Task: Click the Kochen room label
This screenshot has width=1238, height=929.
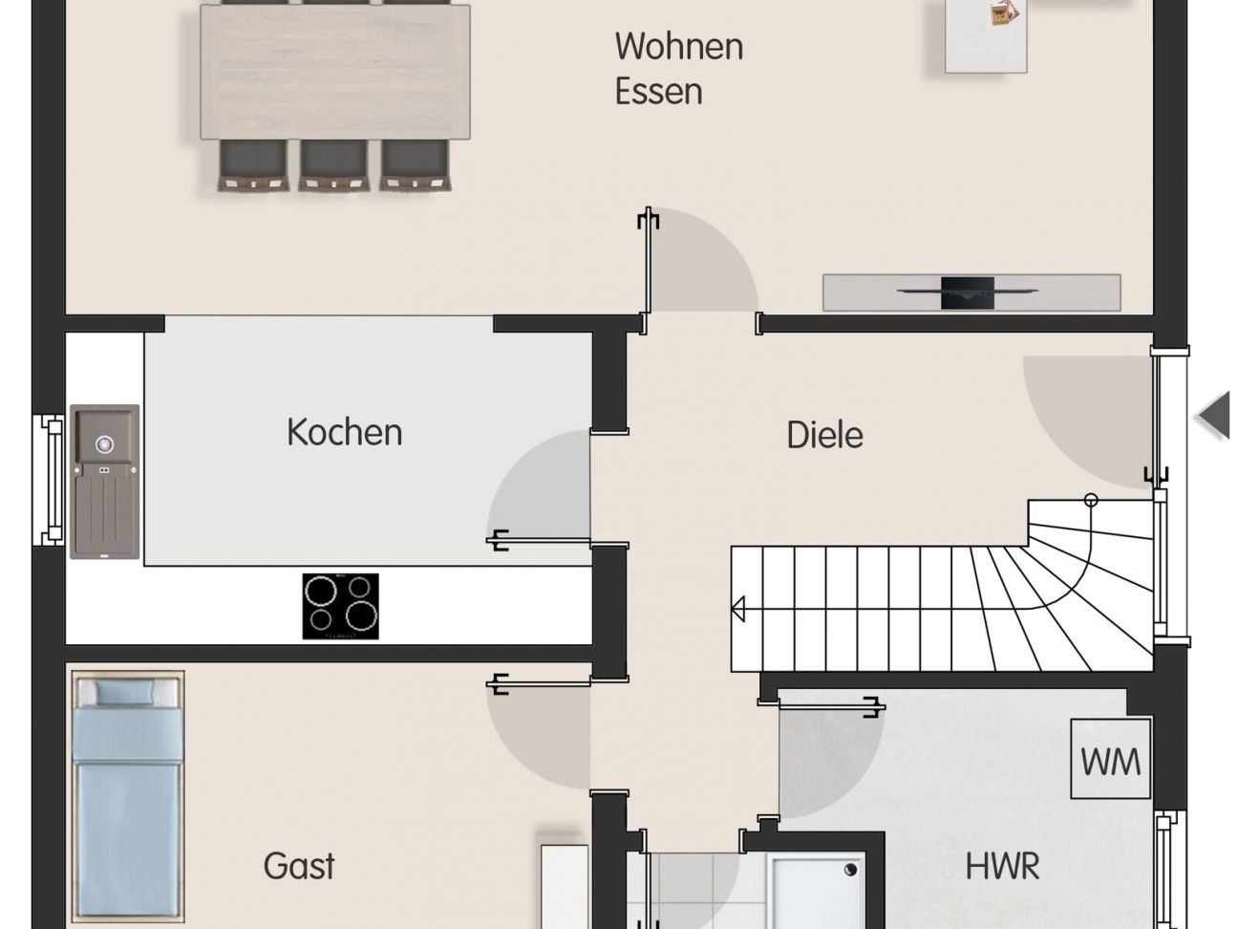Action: point(344,432)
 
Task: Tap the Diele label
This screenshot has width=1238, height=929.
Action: point(824,435)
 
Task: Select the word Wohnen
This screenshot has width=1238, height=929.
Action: point(678,46)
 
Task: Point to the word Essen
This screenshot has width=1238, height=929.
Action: point(658,92)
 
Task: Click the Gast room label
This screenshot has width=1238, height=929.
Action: point(299,866)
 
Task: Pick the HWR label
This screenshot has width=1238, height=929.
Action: point(1002,867)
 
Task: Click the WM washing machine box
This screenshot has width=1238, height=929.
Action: point(1110,760)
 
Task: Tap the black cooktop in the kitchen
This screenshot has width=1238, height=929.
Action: point(340,606)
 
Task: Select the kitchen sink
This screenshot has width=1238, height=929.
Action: point(104,482)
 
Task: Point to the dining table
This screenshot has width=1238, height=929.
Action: point(334,72)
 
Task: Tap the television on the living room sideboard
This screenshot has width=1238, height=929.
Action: point(968,292)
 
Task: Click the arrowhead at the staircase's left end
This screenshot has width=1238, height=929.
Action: point(738,609)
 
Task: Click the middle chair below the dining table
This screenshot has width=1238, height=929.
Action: point(333,165)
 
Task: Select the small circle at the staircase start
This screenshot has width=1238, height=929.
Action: point(1091,500)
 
